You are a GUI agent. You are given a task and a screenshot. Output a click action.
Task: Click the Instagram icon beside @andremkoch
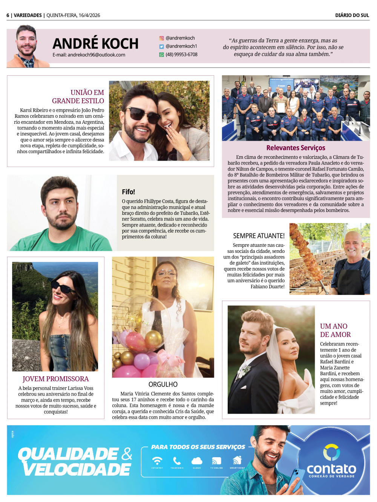(x=161, y=38)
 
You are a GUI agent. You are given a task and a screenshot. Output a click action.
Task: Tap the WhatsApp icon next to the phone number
(x=161, y=55)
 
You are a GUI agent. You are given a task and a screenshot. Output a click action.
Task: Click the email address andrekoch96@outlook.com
(x=89, y=55)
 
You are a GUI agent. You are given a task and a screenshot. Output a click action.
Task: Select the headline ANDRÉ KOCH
(x=95, y=44)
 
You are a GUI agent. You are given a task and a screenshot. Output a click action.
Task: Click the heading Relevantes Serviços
(x=296, y=148)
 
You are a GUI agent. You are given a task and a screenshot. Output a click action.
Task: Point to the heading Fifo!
(x=128, y=192)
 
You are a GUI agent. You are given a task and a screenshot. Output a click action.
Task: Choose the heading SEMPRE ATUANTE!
(x=259, y=236)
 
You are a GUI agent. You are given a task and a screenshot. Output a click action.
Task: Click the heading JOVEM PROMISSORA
(x=56, y=379)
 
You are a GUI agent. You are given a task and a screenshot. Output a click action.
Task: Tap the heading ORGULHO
(x=163, y=384)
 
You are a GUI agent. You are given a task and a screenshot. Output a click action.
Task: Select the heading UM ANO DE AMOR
(x=335, y=330)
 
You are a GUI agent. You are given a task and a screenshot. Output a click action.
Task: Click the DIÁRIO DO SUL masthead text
(x=352, y=15)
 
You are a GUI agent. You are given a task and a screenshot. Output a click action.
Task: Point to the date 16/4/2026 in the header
(x=89, y=15)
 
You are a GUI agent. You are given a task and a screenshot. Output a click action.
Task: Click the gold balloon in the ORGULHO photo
(x=153, y=339)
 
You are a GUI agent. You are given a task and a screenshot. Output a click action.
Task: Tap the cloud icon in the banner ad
(x=197, y=461)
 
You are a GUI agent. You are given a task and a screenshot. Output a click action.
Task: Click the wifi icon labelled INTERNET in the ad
(x=157, y=461)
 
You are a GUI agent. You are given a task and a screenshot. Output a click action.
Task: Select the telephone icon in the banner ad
(x=177, y=461)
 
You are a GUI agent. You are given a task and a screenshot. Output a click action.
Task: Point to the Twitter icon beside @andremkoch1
(x=161, y=47)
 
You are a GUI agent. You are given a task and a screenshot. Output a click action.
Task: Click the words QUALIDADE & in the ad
(x=75, y=454)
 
